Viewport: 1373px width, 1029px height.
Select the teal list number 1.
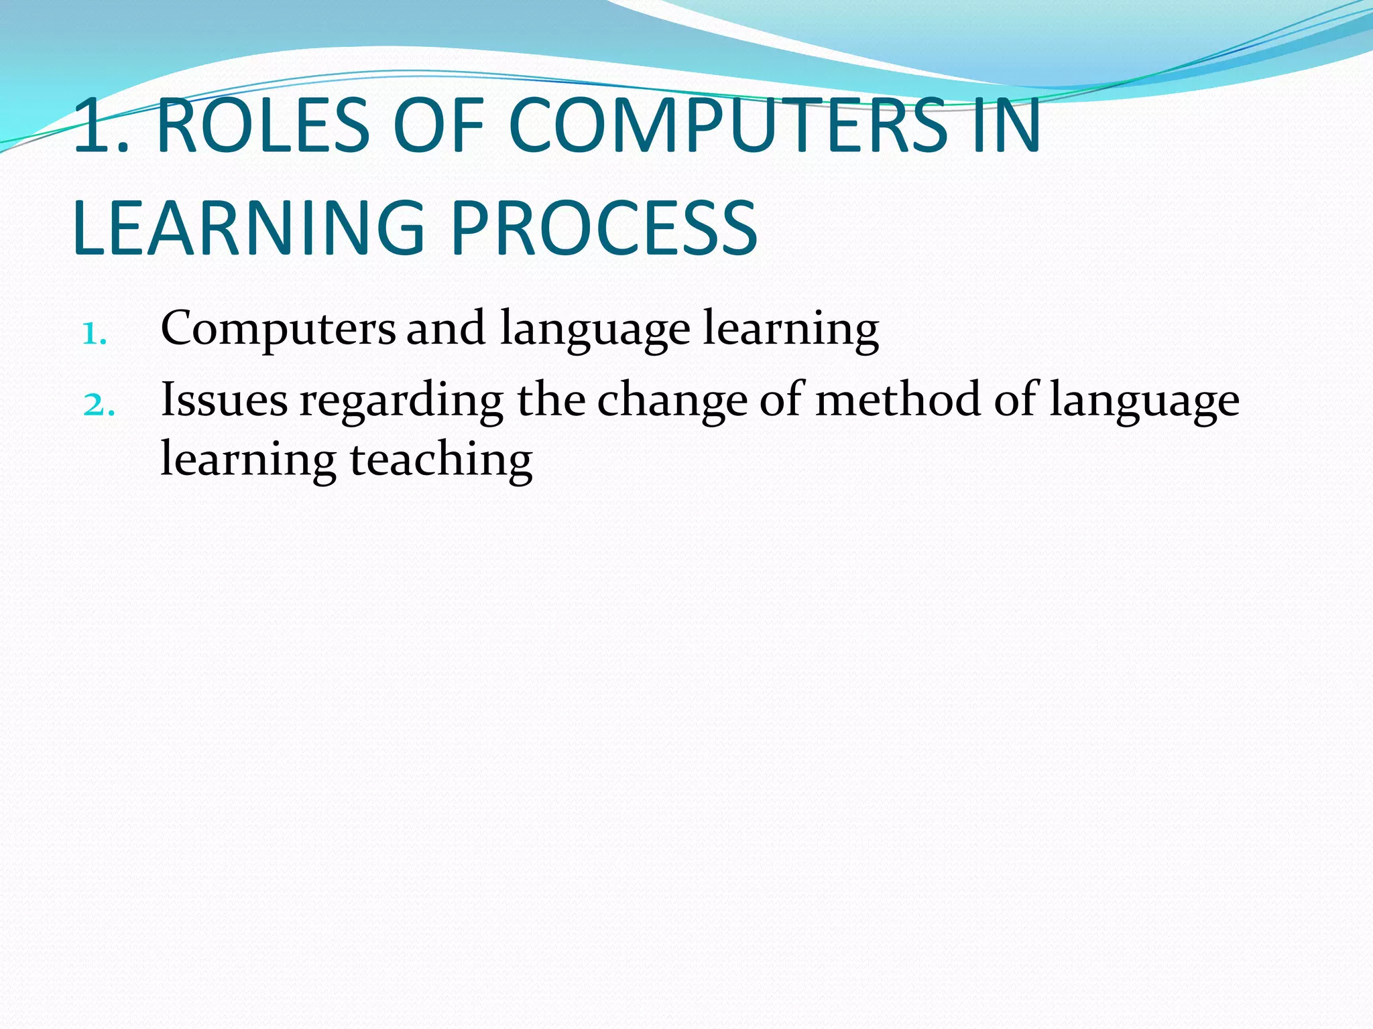95,334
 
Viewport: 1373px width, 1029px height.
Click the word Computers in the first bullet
278,329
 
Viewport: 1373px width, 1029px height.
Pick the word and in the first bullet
446,329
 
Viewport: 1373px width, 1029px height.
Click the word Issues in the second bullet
224,400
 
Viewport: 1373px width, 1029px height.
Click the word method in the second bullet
898,400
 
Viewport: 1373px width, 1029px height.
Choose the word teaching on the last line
441,462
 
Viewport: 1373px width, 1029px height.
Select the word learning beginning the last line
248,462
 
